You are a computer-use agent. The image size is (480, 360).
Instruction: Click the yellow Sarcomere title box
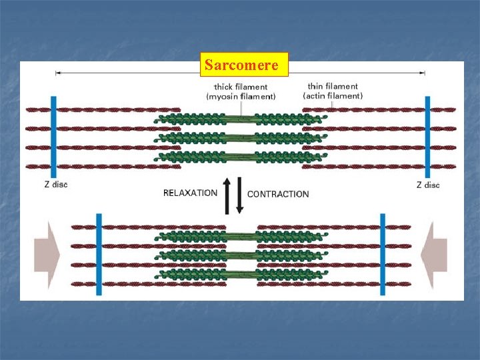[244, 65]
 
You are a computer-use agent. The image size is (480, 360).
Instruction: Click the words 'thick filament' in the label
[241, 87]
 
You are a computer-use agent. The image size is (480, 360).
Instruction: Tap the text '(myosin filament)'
[241, 97]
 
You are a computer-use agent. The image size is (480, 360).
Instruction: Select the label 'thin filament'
[333, 86]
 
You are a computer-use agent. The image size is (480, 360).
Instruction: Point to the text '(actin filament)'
[333, 96]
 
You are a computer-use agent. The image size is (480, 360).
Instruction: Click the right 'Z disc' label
[428, 185]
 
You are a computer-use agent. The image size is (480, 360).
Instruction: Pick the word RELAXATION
[190, 193]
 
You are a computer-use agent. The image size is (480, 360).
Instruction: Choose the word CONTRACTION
[278, 194]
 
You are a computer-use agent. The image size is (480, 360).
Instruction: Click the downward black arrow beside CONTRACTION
[240, 196]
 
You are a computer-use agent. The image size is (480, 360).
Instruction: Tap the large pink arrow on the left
[47, 254]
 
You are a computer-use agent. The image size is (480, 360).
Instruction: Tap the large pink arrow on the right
[437, 254]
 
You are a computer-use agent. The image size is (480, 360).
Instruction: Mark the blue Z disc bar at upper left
[53, 137]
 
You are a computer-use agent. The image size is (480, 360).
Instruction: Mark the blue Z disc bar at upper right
[427, 137]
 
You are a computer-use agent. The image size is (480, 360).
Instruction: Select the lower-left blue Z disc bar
[99, 254]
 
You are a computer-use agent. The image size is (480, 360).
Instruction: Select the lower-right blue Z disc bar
[383, 254]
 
